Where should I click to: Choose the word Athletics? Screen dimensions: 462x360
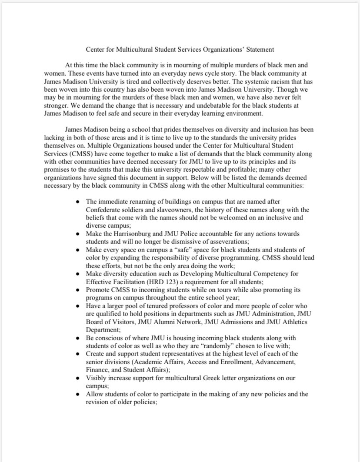coord(291,322)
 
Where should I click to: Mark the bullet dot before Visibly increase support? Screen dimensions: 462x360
coord(77,378)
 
